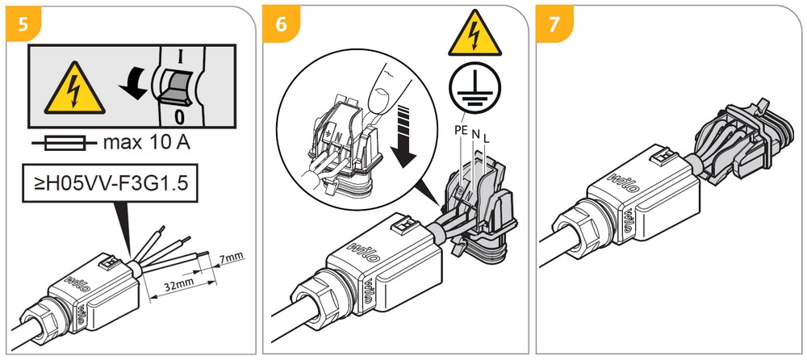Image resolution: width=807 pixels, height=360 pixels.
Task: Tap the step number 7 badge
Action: (554, 23)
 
